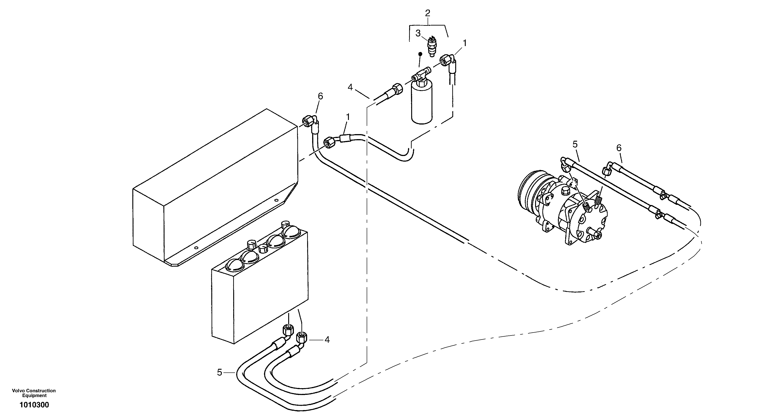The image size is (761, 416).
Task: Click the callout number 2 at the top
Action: point(427,13)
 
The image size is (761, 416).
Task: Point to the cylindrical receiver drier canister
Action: point(422,103)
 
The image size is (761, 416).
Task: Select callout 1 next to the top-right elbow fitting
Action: point(464,43)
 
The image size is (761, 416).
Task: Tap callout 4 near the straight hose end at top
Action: point(350,87)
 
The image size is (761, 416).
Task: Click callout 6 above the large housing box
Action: point(320,96)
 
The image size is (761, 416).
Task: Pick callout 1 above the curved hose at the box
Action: point(348,117)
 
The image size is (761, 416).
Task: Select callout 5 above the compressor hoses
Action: point(575,144)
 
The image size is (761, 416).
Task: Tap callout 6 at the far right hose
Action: point(619,148)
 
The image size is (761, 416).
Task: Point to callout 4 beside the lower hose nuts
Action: point(327,340)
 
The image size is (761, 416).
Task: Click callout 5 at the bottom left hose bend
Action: point(219,373)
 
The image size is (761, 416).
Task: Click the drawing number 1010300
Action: point(34,405)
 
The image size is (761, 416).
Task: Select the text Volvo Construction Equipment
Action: point(34,393)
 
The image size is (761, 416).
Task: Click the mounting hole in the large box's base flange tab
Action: point(195,247)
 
